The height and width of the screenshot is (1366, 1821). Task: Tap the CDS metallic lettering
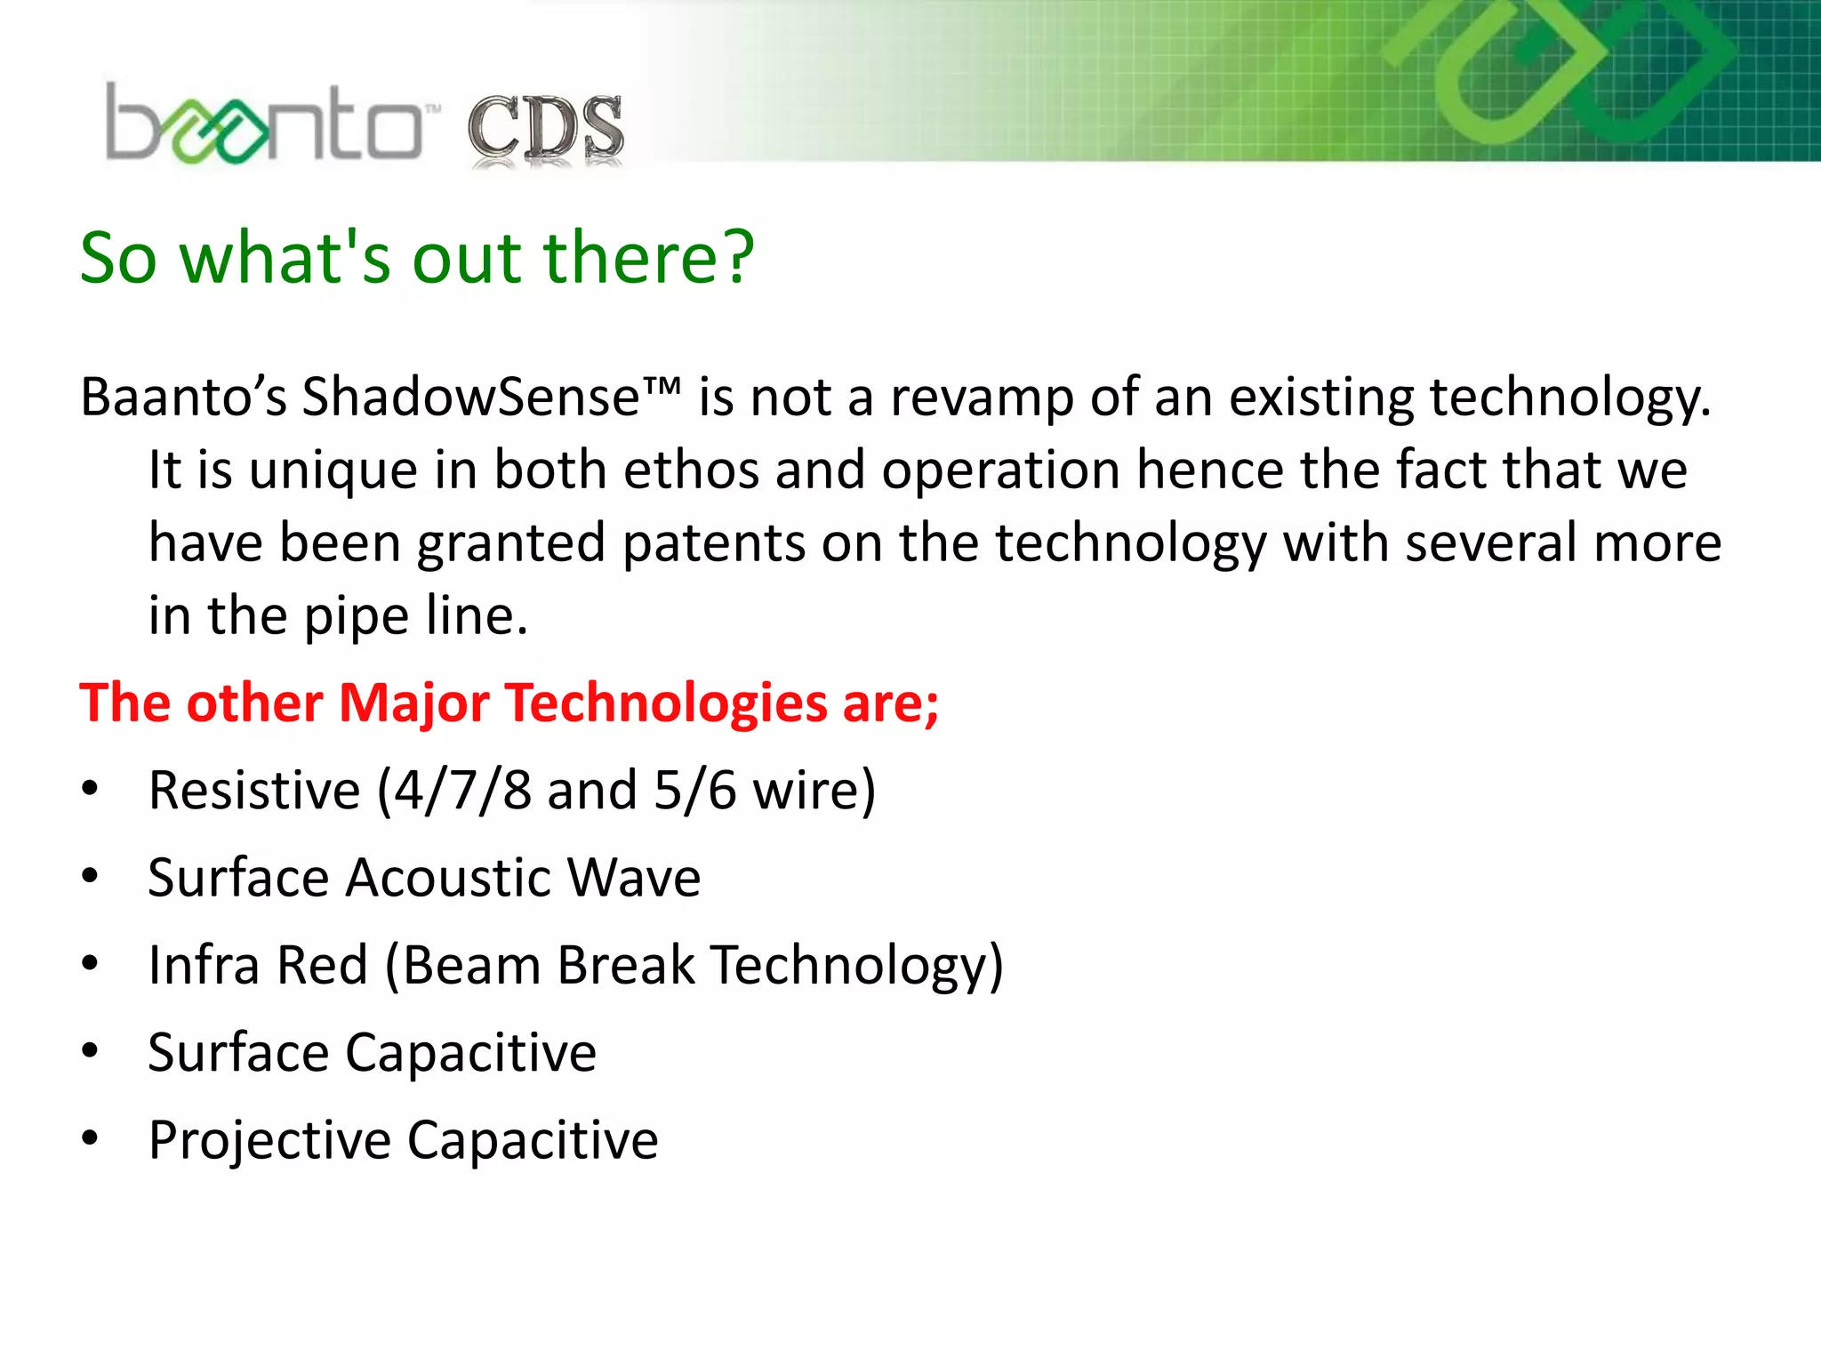(546, 130)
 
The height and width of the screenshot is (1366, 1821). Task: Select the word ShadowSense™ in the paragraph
(491, 398)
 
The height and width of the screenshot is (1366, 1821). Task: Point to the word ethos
(691, 470)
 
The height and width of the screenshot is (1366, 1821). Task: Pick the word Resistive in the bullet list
(254, 791)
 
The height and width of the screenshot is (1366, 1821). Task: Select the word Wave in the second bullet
(634, 879)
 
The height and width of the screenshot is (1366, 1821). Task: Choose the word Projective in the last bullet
(269, 1141)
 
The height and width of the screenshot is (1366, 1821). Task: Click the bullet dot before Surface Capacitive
(90, 1051)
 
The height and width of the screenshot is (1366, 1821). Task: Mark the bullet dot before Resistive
(90, 789)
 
